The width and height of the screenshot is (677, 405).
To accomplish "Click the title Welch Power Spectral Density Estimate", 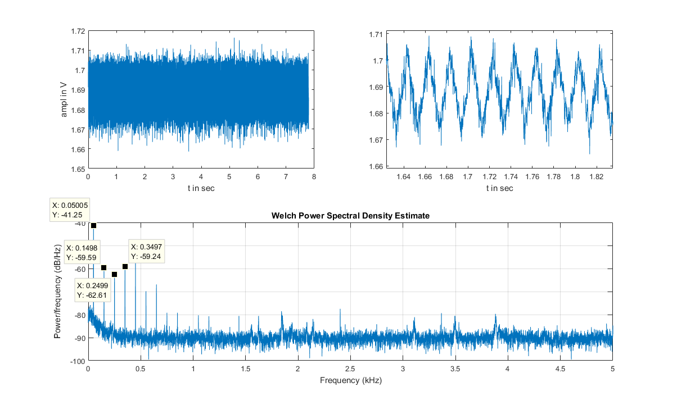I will point(350,216).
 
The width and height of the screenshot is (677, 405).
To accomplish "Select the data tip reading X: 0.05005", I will point(70,210).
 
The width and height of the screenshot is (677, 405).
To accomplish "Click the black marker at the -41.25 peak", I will point(93,226).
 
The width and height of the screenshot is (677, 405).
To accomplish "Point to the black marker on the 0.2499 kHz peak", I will point(114,274).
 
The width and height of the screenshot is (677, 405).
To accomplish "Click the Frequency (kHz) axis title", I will point(350,380).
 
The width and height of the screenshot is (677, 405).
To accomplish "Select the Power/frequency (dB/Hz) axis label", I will point(57,292).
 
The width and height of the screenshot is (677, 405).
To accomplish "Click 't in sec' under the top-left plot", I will point(201,188).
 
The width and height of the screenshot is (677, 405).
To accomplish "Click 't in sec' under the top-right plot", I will point(499,188).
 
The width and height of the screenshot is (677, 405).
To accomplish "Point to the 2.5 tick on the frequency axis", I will point(350,369).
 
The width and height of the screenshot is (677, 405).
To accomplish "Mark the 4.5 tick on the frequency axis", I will point(560,369).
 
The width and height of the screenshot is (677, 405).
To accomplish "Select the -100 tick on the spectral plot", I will point(77,361).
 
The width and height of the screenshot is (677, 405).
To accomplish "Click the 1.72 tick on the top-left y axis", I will point(78,31).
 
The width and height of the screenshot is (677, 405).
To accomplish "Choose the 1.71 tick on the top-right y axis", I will point(374,34).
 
